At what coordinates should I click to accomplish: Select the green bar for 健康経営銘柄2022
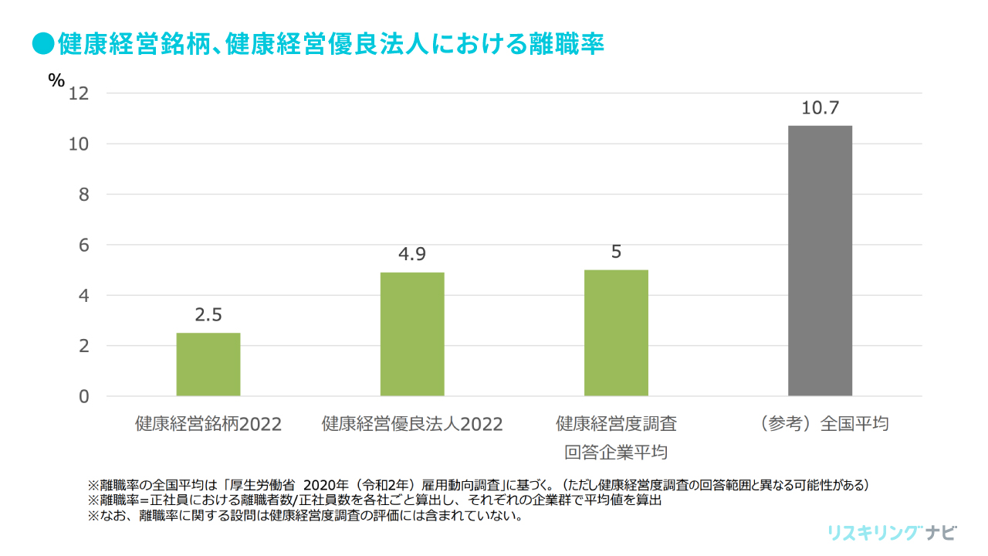tap(208, 364)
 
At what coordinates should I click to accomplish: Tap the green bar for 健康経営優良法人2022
tap(412, 334)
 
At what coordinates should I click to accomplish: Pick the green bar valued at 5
tap(616, 333)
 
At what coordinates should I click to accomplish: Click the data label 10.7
tap(820, 108)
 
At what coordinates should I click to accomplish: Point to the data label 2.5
tap(208, 315)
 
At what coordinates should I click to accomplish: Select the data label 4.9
tap(412, 254)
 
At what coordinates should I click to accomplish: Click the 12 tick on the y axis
tap(79, 93)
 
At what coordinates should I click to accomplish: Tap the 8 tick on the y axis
tap(84, 195)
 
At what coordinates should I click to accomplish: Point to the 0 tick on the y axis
tap(84, 396)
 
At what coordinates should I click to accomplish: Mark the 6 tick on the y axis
tap(84, 245)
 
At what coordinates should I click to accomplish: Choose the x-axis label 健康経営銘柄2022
tap(208, 424)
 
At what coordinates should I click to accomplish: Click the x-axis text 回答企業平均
tap(616, 452)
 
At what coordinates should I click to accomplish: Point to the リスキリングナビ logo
tap(892, 533)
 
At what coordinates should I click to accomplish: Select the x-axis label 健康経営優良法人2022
tap(412, 424)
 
